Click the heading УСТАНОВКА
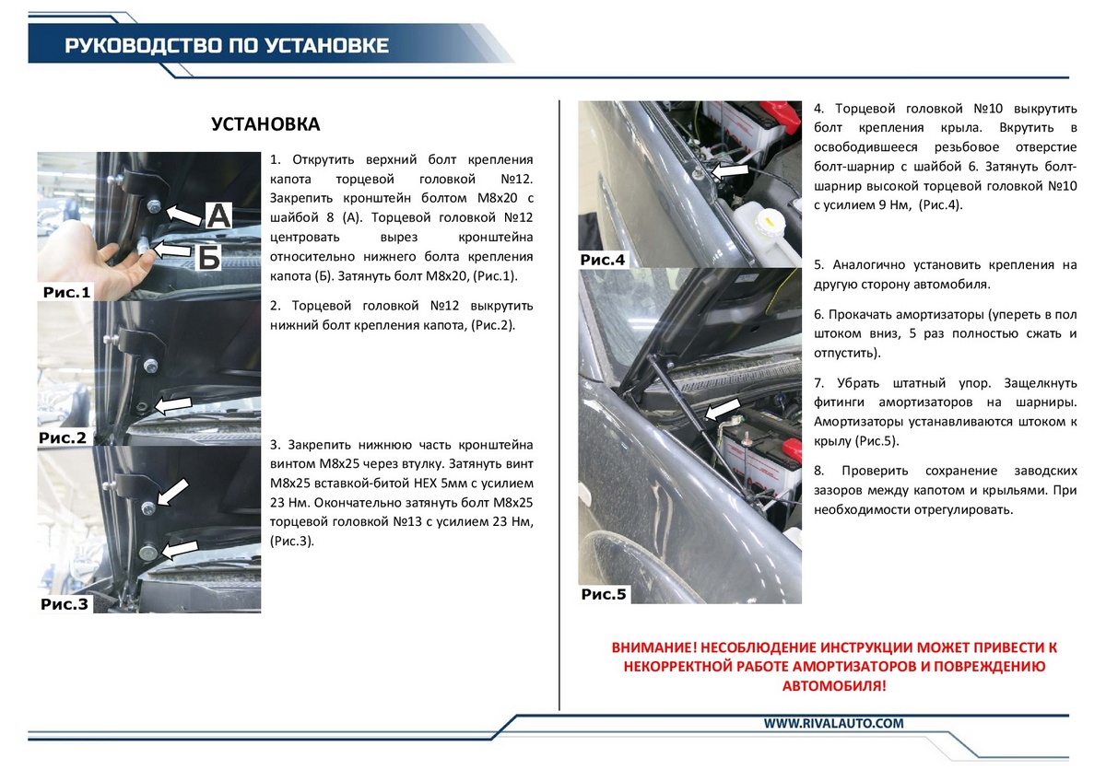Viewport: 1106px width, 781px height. [265, 124]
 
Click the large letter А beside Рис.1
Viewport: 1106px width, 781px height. [218, 216]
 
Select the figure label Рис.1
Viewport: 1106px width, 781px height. [67, 293]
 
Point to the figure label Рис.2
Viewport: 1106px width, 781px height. [63, 437]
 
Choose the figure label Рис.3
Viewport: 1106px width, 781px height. [65, 604]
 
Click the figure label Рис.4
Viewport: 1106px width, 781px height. [603, 260]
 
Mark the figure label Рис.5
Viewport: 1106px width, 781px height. [604, 594]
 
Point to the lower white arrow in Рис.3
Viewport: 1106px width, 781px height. [180, 549]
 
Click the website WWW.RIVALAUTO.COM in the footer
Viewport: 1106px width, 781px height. [833, 723]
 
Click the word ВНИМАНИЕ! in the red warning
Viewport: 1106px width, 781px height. [657, 648]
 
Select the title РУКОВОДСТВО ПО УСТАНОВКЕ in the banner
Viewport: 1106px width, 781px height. [227, 46]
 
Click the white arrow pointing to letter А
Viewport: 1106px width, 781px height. [185, 215]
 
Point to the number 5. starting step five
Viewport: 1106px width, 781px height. [818, 265]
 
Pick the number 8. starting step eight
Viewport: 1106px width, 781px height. [818, 471]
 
